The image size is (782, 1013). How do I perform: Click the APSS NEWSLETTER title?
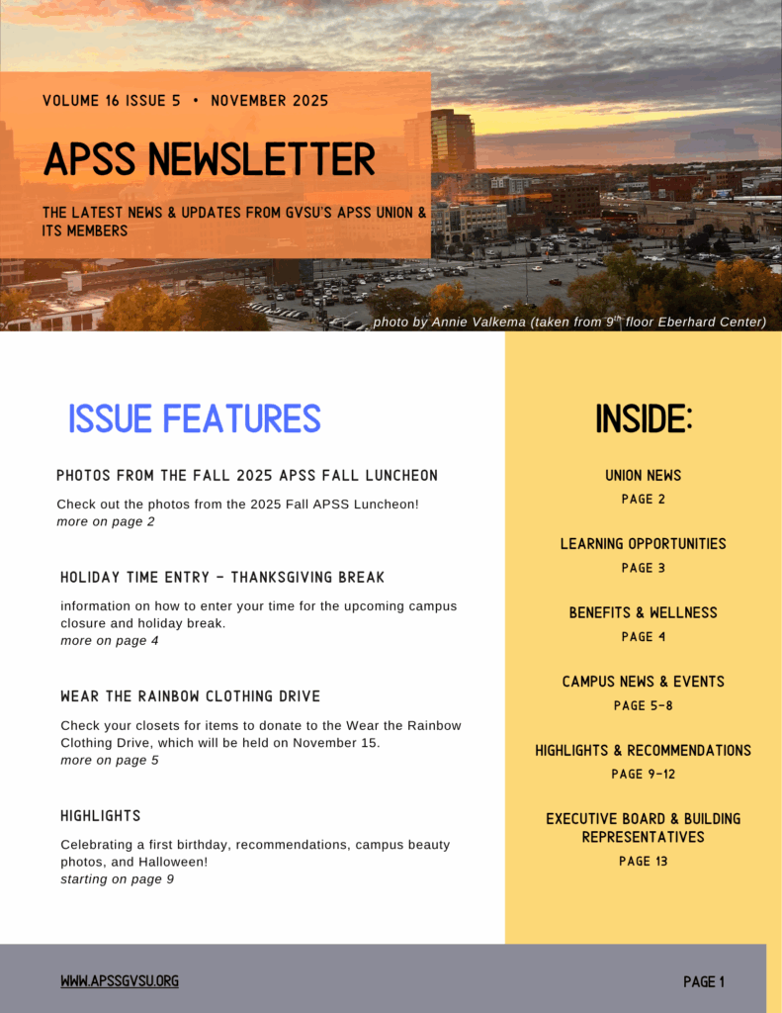point(210,159)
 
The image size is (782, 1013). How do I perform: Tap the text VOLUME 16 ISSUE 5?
point(112,101)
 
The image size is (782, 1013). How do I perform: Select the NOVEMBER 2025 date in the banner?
point(269,101)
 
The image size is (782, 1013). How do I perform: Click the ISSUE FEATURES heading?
point(195,418)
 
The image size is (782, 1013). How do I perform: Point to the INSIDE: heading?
point(644,419)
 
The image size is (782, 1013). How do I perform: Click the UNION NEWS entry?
point(644,476)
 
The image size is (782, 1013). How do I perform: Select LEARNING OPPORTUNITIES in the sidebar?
point(644,544)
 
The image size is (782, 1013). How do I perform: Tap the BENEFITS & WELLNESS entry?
point(644,613)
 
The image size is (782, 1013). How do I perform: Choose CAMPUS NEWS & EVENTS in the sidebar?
point(644,682)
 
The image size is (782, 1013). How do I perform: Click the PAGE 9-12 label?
point(644,774)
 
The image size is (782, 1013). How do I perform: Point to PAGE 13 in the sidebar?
point(644,861)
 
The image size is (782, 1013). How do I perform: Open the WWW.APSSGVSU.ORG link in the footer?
point(120,981)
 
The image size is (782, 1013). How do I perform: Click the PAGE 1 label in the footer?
point(704,981)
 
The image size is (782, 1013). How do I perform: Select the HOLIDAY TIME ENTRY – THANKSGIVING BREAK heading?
point(222,577)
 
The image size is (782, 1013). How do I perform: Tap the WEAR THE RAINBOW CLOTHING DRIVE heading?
point(191,696)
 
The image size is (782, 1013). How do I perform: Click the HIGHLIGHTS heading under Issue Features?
point(101,815)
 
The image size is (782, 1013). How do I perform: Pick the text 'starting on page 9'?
point(118,878)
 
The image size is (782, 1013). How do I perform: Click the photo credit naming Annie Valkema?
point(569,322)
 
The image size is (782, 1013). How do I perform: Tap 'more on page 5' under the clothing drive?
point(110,760)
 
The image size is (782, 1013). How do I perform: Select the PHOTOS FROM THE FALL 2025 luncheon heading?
point(247,476)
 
